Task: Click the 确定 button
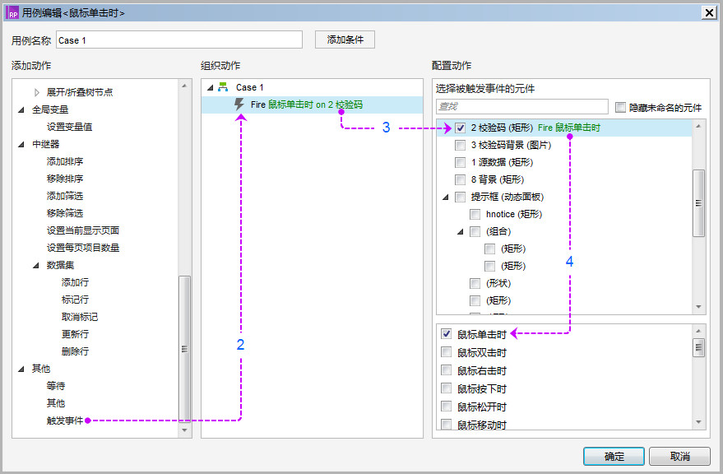pyautogui.click(x=614, y=457)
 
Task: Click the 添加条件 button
pyautogui.click(x=345, y=39)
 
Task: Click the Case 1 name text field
pyautogui.click(x=179, y=40)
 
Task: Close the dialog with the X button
pyautogui.click(x=709, y=13)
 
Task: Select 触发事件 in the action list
pyautogui.click(x=65, y=421)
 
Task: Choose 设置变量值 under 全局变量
pyautogui.click(x=69, y=127)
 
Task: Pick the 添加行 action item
pyautogui.click(x=75, y=282)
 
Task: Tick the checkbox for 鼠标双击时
pyautogui.click(x=447, y=352)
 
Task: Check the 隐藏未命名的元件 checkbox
pyautogui.click(x=621, y=108)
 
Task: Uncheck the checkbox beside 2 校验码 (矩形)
pyautogui.click(x=460, y=128)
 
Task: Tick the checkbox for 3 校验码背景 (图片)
pyautogui.click(x=460, y=145)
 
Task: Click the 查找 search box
pyautogui.click(x=522, y=107)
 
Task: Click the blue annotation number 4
pyautogui.click(x=569, y=262)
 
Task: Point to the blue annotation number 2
pyautogui.click(x=240, y=344)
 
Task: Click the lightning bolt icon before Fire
pyautogui.click(x=239, y=105)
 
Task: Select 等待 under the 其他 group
pyautogui.click(x=56, y=386)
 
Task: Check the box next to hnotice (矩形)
pyautogui.click(x=475, y=214)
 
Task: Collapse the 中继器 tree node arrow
pyautogui.click(x=21, y=145)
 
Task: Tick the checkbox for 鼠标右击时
pyautogui.click(x=447, y=370)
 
